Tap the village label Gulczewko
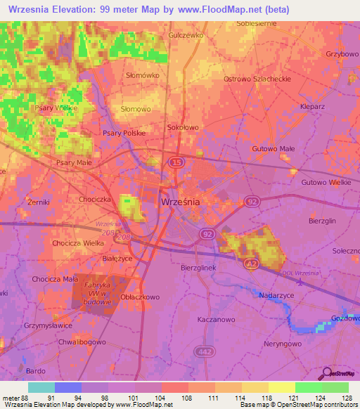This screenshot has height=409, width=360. (186, 34)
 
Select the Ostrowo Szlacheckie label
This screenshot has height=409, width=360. (257, 79)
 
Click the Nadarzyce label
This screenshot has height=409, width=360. (276, 297)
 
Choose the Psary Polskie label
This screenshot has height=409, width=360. (124, 133)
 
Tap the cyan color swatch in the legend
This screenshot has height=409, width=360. (41, 387)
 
